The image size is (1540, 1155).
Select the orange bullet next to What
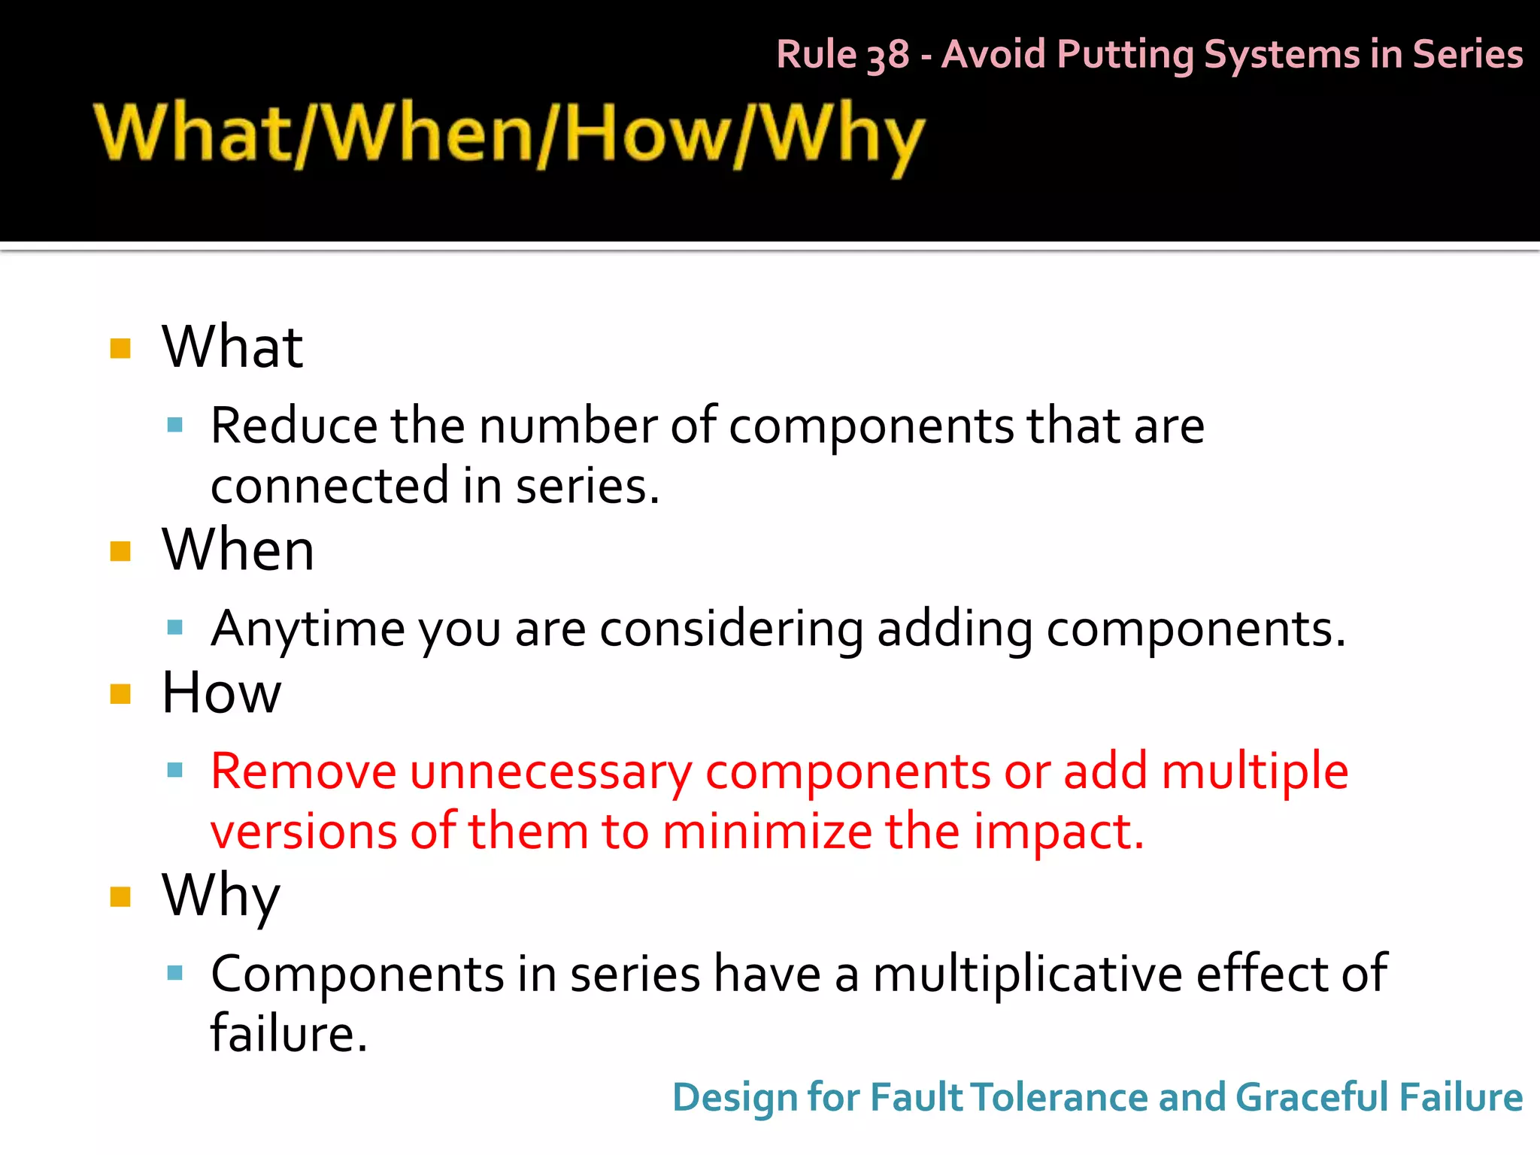pos(120,348)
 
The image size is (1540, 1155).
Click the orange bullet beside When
pos(120,551)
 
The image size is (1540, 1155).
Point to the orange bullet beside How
pos(120,693)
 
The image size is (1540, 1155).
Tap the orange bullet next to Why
pos(120,896)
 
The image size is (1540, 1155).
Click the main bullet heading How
pos(221,693)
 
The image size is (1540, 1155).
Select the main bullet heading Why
pos(221,896)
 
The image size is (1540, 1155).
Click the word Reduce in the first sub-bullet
pos(293,426)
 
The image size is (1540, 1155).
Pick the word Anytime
pos(308,629)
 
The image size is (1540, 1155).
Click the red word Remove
pos(303,772)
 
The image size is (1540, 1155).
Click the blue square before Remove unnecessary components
pos(175,770)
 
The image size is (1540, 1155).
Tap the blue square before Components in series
pos(175,973)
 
